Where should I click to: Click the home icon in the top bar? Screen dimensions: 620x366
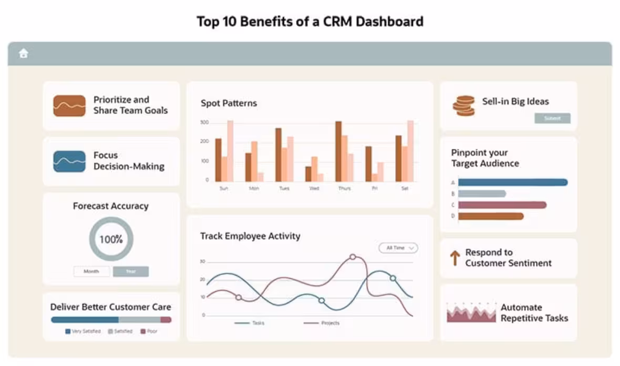(23, 54)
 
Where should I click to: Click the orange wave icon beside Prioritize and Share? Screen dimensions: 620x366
(69, 106)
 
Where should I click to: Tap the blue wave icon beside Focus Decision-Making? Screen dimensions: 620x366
(69, 161)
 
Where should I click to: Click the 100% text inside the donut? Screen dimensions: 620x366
(111, 240)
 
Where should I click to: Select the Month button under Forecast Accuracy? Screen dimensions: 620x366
(91, 271)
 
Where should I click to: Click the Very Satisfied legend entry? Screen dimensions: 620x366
(83, 331)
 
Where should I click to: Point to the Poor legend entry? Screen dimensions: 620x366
(149, 331)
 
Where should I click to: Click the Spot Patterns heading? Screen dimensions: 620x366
(229, 103)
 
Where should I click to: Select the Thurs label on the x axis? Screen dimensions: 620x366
(344, 188)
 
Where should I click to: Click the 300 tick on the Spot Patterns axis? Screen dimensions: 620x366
(204, 123)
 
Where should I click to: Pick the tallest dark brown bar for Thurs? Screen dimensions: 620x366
(338, 151)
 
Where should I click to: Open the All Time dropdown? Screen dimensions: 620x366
(398, 248)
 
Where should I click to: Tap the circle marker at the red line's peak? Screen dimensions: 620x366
(353, 257)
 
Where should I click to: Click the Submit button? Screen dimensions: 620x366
(552, 118)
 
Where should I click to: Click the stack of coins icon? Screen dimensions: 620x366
(463, 106)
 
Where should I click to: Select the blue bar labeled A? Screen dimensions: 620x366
(512, 182)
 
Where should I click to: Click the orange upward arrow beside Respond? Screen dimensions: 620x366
(455, 258)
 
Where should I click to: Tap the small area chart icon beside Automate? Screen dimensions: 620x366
(471, 313)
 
